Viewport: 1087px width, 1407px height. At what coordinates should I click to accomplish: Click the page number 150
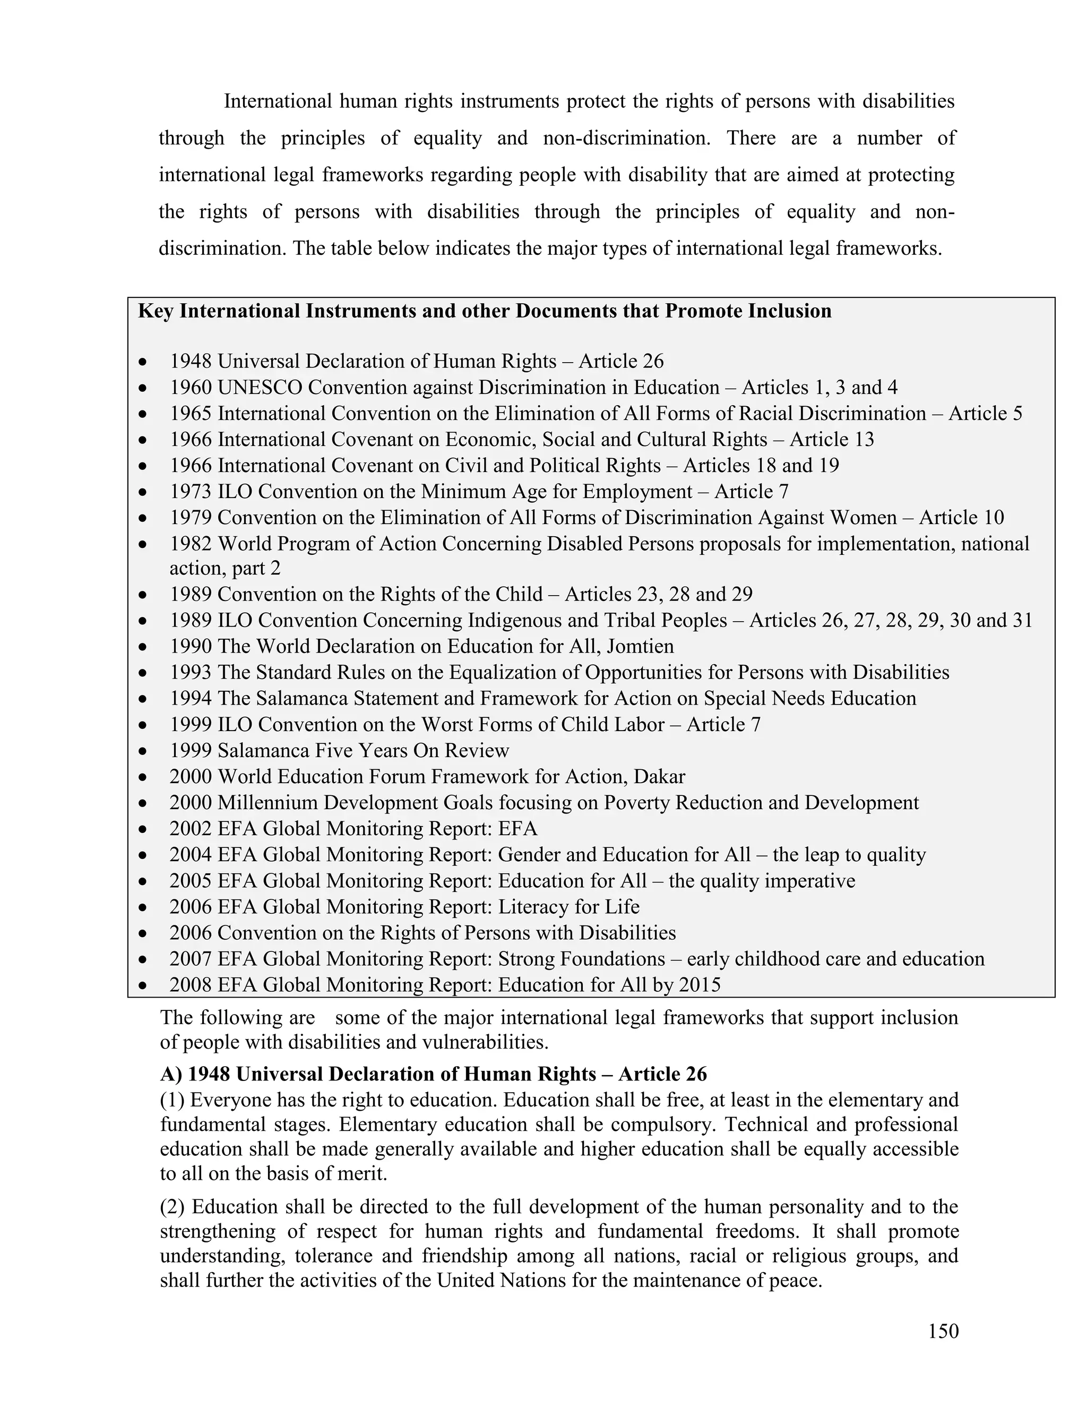(943, 1331)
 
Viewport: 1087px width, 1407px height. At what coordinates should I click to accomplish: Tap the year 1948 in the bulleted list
(191, 362)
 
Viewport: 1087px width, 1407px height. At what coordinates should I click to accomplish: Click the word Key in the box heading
(155, 311)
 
